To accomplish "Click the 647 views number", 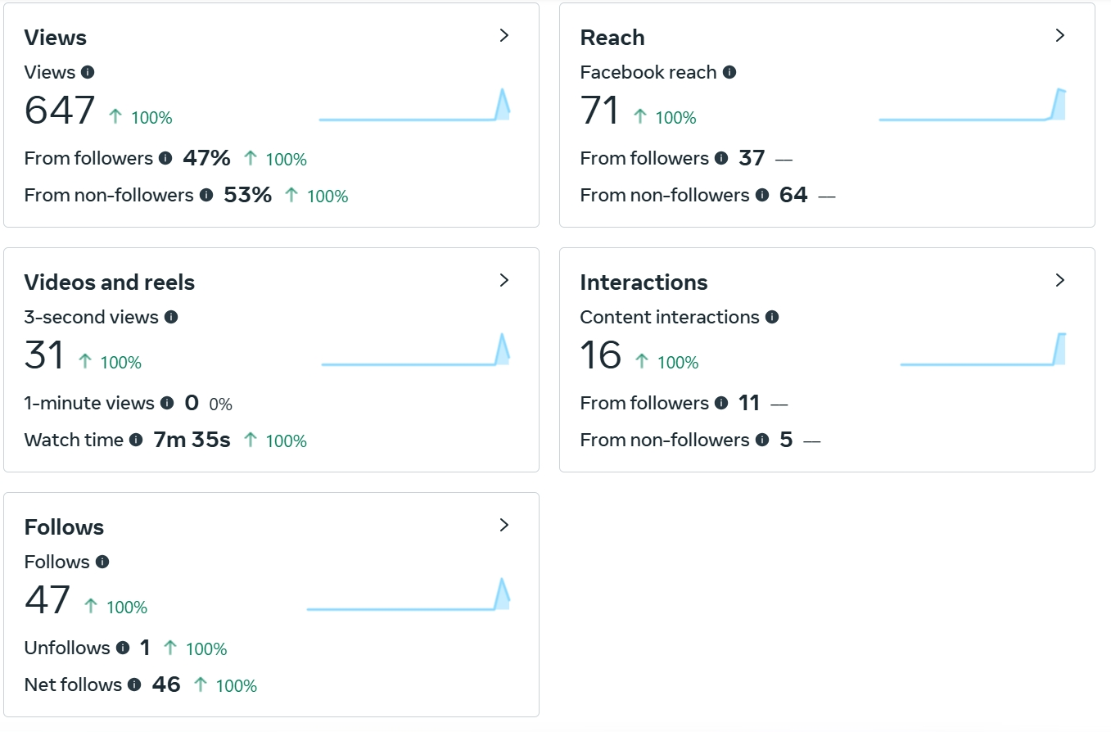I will (x=60, y=111).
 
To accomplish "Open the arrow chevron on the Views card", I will (x=504, y=35).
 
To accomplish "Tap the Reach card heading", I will (x=612, y=38).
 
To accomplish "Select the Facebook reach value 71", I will (x=599, y=111).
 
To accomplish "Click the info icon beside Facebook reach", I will (x=729, y=72).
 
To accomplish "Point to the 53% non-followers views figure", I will (x=247, y=195).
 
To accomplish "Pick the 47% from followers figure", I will (x=206, y=158).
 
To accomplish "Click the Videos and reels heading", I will (x=109, y=282).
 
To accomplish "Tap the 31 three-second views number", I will (x=44, y=355).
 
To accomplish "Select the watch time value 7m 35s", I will (x=192, y=440).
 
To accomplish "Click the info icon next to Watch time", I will (x=136, y=440).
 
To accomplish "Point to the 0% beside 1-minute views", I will (x=220, y=404).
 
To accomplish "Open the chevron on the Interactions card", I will (x=1060, y=280).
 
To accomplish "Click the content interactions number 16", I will (x=600, y=355).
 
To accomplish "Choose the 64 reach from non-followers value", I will (x=793, y=195).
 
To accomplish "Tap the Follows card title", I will (x=64, y=527).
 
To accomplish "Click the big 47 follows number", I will (x=47, y=600).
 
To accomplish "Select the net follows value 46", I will (x=166, y=685).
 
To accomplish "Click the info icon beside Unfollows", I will (x=123, y=648).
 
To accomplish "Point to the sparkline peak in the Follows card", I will (x=502, y=581).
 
